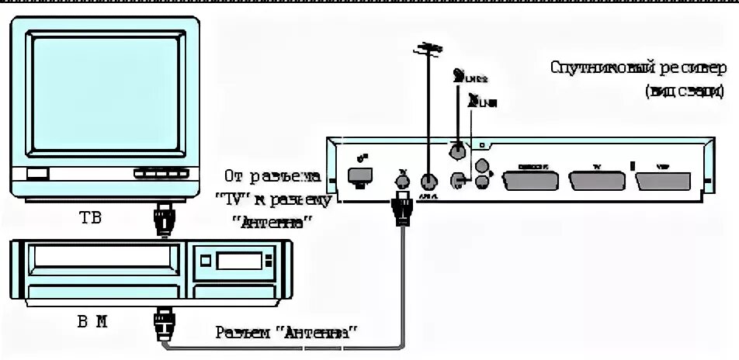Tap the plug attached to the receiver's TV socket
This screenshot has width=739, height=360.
pyautogui.click(x=401, y=208)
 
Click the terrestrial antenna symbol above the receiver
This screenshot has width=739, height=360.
pyautogui.click(x=426, y=51)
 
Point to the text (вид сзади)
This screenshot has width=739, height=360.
pyautogui.click(x=683, y=92)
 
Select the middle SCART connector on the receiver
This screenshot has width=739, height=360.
pyautogui.click(x=597, y=180)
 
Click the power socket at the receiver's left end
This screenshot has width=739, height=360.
pyautogui.click(x=359, y=175)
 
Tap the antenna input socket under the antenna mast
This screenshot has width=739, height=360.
pyautogui.click(x=427, y=181)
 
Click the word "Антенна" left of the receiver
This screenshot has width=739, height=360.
pyautogui.click(x=272, y=221)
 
